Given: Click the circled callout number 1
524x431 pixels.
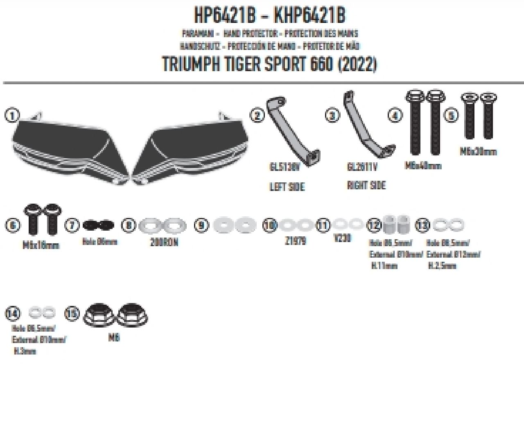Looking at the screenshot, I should pyautogui.click(x=12, y=116).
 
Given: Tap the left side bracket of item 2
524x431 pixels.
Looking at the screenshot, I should pyautogui.click(x=291, y=131).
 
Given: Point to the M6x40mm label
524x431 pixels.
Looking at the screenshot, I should pyautogui.click(x=423, y=166).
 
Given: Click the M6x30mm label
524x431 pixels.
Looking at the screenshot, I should pyautogui.click(x=478, y=152).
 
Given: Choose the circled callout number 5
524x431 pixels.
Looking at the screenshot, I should pyautogui.click(x=451, y=116).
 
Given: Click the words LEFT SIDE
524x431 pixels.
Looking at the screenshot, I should pyautogui.click(x=287, y=187).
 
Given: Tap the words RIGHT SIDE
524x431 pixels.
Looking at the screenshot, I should pyautogui.click(x=366, y=185).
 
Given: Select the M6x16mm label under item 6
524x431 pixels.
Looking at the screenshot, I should pyautogui.click(x=41, y=245).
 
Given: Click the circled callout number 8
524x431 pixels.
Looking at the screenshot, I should pyautogui.click(x=129, y=225).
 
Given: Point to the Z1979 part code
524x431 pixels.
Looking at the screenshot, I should pyautogui.click(x=295, y=241).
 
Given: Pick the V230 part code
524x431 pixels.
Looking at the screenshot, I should pyautogui.click(x=342, y=238).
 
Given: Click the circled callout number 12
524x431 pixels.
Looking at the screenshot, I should pyautogui.click(x=374, y=225).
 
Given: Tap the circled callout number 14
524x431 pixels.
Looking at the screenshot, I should pyautogui.click(x=12, y=314).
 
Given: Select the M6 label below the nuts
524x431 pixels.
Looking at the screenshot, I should pyautogui.click(x=114, y=338).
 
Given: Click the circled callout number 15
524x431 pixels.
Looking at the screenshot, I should pyautogui.click(x=72, y=314).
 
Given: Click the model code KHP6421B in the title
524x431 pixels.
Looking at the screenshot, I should pyautogui.click(x=309, y=16).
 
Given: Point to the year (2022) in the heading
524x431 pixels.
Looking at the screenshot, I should pyautogui.click(x=357, y=64).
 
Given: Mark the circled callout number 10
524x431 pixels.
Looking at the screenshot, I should pyautogui.click(x=270, y=225).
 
